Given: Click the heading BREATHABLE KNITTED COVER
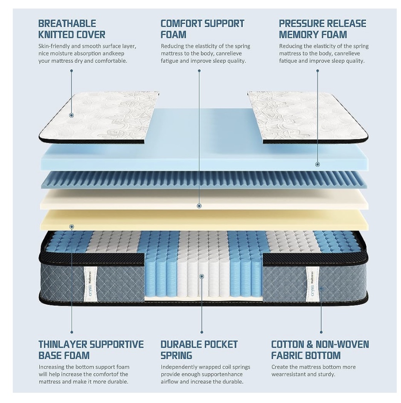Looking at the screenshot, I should pyautogui.click(x=72, y=29).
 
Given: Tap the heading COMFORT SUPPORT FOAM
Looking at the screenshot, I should pyautogui.click(x=202, y=29).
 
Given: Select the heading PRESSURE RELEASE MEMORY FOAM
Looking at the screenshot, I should pyautogui.click(x=323, y=29).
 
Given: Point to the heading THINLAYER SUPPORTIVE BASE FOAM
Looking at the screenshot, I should pyautogui.click(x=91, y=350).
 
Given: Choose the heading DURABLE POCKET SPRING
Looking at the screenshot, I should pyautogui.click(x=199, y=350).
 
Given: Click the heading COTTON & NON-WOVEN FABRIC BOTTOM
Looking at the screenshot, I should pyautogui.click(x=320, y=350).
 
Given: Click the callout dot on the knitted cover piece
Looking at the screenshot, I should pyautogui.click(x=72, y=115).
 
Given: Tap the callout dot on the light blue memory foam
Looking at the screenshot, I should pyautogui.click(x=317, y=164).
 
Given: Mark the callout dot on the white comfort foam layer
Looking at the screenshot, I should pyautogui.click(x=199, y=206).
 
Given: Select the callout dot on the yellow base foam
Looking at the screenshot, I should pyautogui.click(x=72, y=227).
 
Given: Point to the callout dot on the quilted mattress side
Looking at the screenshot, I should pyautogui.click(x=321, y=289).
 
